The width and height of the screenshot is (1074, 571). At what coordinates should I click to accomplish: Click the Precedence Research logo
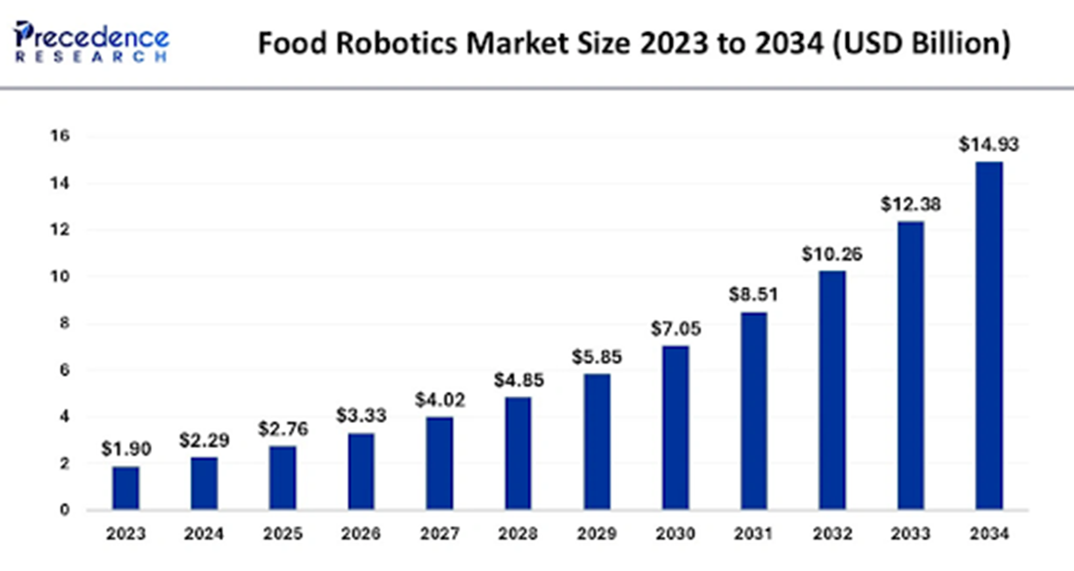pos(91,42)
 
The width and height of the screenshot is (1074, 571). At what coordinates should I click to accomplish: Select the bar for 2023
pos(126,487)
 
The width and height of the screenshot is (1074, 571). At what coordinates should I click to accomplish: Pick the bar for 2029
pos(597,442)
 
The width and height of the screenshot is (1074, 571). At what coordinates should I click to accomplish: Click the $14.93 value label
pos(989,144)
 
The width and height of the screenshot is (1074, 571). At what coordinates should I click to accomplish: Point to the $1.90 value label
pos(126,449)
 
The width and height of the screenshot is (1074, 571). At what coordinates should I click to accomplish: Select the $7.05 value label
pos(675,329)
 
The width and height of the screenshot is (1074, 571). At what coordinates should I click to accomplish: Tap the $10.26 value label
pos(832,254)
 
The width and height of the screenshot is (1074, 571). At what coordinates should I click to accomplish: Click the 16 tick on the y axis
pos(60,136)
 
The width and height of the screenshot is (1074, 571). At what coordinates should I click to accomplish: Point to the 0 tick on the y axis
pos(64,510)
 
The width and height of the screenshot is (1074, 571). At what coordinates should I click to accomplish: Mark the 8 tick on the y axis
pos(64,323)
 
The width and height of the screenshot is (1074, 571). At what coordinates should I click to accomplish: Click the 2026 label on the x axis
pos(361,533)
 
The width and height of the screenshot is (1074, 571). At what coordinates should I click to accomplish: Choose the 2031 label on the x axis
pos(753,533)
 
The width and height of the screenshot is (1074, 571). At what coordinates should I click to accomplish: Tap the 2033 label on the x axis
pos(910,533)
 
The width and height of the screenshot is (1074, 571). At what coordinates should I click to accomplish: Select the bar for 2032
pos(832,390)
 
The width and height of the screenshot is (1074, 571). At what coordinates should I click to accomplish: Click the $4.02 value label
pos(440,400)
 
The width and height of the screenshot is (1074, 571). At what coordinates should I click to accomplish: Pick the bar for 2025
pos(283,477)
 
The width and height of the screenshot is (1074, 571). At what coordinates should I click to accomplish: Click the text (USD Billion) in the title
pos(921,43)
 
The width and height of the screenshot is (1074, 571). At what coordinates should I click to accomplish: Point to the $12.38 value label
pos(910,205)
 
